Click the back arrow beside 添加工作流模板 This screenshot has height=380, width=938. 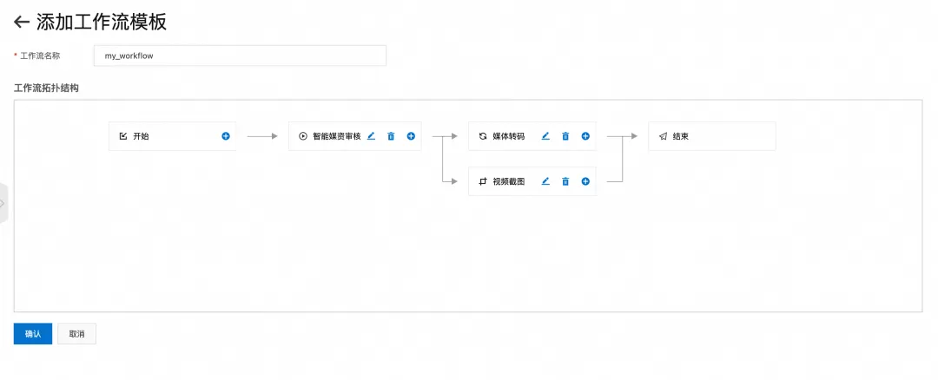pos(22,23)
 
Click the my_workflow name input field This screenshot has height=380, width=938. pos(240,56)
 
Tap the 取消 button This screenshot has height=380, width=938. pos(76,334)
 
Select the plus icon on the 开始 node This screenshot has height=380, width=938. pos(226,136)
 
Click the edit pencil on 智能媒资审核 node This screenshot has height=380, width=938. pos(371,136)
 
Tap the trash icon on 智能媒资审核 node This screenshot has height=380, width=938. pos(391,136)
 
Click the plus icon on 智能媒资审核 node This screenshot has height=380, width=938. pos(411,136)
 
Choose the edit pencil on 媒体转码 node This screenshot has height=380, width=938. pos(545,136)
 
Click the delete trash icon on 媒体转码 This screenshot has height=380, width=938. pos(565,136)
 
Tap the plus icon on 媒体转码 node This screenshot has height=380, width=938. pos(585,136)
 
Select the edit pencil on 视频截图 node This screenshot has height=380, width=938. pos(545,181)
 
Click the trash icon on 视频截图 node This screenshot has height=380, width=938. pos(565,181)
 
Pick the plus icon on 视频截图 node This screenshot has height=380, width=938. pos(585,181)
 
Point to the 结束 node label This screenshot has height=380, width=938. pos(681,136)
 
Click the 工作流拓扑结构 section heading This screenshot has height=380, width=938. pos(47,88)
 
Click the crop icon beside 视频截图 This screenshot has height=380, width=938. pos(483,181)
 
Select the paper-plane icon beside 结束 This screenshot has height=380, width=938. pos(663,136)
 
